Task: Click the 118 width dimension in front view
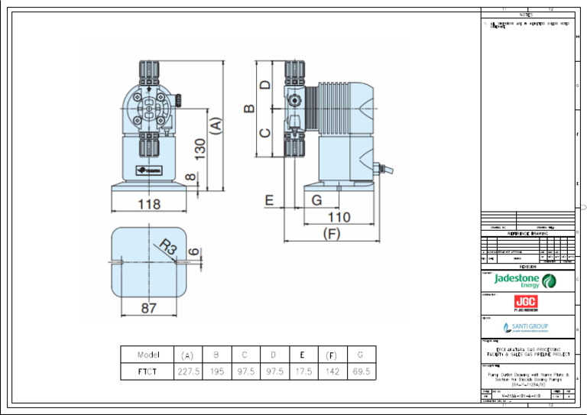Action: pyautogui.click(x=149, y=204)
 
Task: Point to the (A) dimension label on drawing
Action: pyautogui.click(x=216, y=125)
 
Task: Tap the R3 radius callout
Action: pyautogui.click(x=169, y=248)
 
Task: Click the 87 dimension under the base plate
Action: pyautogui.click(x=149, y=308)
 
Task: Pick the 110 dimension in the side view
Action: pyautogui.click(x=339, y=217)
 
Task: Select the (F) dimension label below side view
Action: pyautogui.click(x=331, y=233)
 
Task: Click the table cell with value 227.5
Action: pyautogui.click(x=188, y=371)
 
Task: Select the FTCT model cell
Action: pyautogui.click(x=148, y=371)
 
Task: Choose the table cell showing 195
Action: pyautogui.click(x=216, y=371)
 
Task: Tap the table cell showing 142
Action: pyautogui.click(x=331, y=371)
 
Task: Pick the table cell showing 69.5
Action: pyautogui.click(x=361, y=371)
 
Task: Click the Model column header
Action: pyautogui.click(x=148, y=354)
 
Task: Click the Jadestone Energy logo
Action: pyautogui.click(x=525, y=280)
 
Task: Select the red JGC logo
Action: pyautogui.click(x=526, y=303)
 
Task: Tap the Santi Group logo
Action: pyautogui.click(x=526, y=327)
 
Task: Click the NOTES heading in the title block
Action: pyautogui.click(x=528, y=15)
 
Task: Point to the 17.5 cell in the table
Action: pyautogui.click(x=302, y=371)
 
